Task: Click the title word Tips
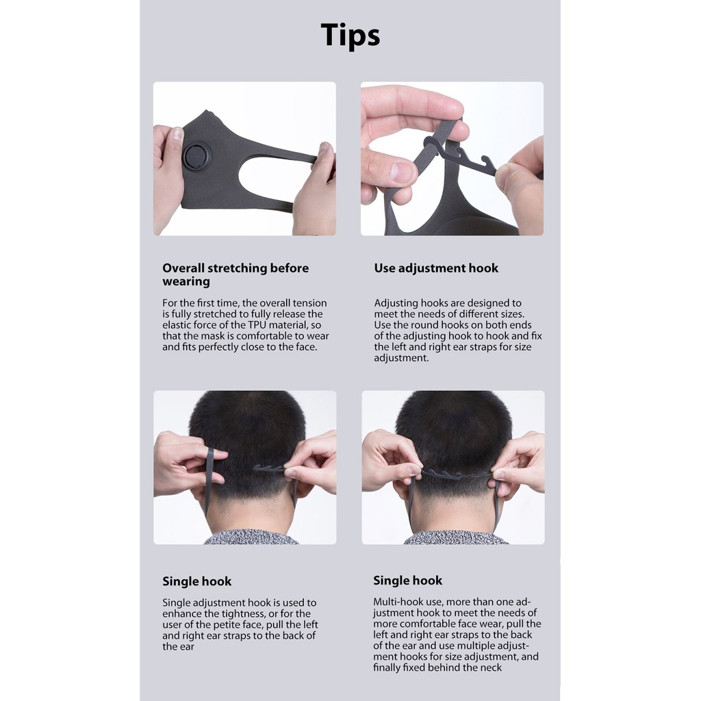point(350,36)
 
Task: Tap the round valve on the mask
point(197,157)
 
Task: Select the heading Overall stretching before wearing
point(235,275)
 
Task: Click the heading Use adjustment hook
point(436,268)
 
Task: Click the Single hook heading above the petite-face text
point(197,582)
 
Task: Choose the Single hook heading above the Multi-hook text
point(408,581)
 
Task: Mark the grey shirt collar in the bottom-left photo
point(251,538)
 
